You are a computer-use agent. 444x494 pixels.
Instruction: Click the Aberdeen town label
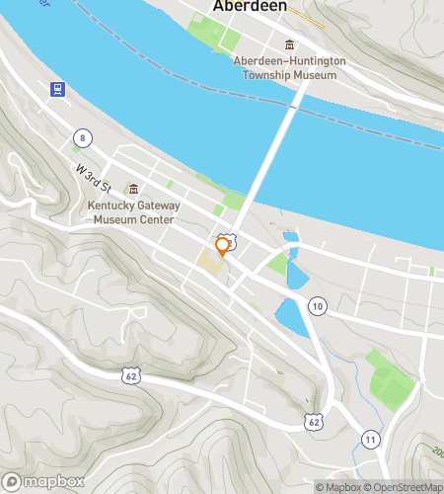(x=251, y=7)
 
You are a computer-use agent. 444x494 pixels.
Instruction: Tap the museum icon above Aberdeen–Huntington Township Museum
(x=289, y=44)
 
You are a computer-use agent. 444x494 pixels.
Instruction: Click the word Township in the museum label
(x=288, y=74)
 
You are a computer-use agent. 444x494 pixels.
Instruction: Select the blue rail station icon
(x=58, y=88)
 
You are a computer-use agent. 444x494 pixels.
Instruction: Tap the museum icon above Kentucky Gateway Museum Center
(x=133, y=188)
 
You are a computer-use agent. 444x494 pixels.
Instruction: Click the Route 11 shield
(x=370, y=438)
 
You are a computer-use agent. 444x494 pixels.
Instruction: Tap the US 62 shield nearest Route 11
(x=314, y=421)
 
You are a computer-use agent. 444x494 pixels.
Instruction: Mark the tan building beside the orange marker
(x=210, y=263)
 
